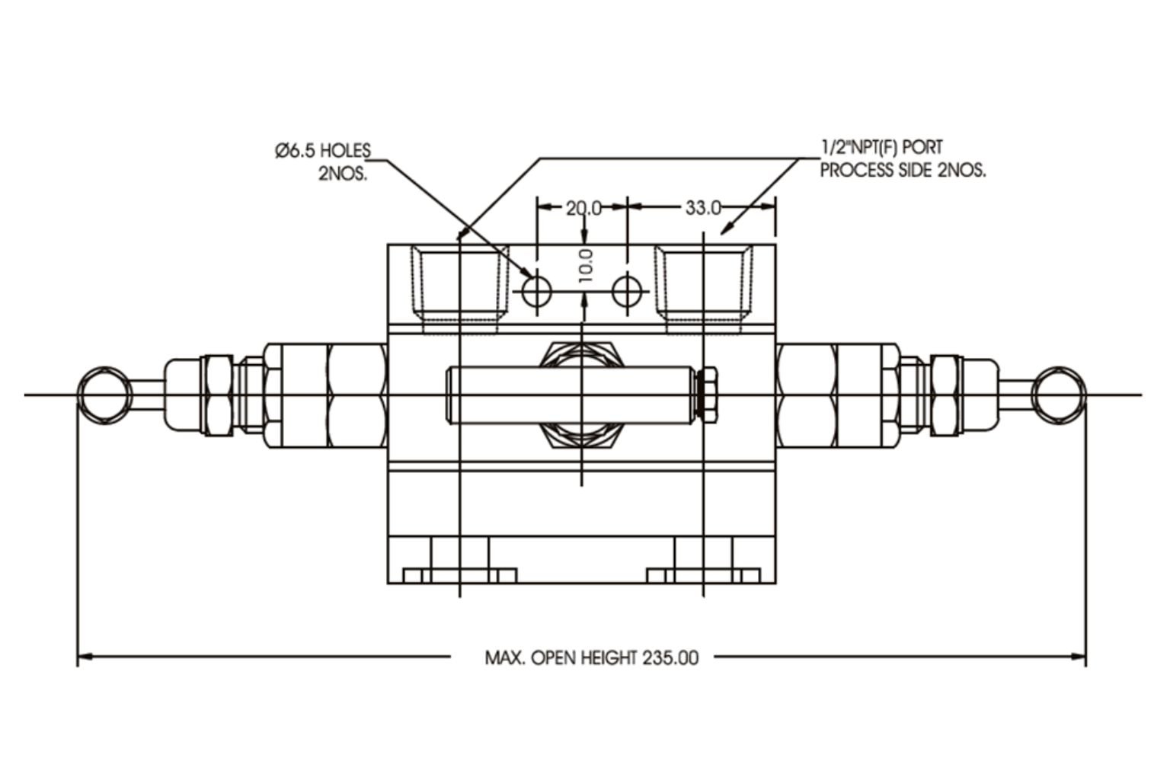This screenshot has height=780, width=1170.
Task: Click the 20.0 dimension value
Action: (583, 207)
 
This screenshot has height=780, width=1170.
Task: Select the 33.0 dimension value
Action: (702, 207)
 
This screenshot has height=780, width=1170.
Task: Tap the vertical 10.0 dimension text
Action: (585, 265)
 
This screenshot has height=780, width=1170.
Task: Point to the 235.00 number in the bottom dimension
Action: (670, 657)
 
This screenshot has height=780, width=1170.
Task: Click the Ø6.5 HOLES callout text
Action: (323, 150)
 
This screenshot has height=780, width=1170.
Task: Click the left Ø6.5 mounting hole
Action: (537, 290)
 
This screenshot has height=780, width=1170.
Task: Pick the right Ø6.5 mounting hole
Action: (628, 290)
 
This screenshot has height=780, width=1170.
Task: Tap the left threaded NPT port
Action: (460, 286)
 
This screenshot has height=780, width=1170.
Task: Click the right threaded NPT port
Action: (703, 286)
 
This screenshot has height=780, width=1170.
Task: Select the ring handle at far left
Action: (104, 395)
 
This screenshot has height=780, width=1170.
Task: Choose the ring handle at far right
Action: (1058, 395)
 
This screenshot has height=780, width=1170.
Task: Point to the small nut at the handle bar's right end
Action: (708, 395)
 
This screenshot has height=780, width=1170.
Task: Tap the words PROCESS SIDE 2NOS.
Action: (903, 170)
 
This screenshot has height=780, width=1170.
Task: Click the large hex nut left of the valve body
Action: (356, 395)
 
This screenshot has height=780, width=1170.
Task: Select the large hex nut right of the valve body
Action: (807, 395)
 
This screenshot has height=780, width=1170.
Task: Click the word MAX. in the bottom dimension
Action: (504, 657)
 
